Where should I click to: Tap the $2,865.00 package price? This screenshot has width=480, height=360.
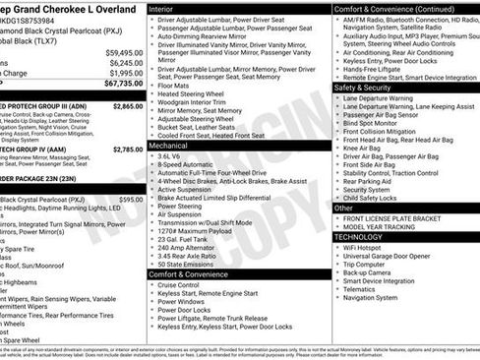click(x=128, y=105)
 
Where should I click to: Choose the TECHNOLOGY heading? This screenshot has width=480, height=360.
click(x=364, y=237)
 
